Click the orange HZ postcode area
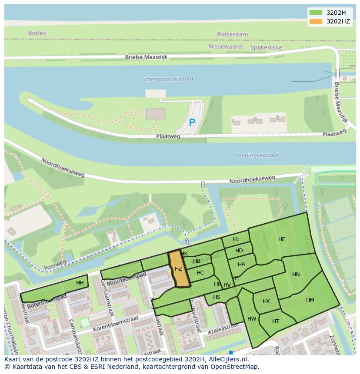[x=179, y=269]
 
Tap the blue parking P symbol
[x=192, y=123]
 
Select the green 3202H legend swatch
[x=316, y=13]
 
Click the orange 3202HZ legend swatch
[x=316, y=21]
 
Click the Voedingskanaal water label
[x=257, y=155]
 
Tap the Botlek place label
[x=37, y=33]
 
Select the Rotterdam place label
[x=233, y=34]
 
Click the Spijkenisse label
[x=266, y=47]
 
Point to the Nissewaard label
[x=224, y=46]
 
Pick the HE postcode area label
[x=282, y=239]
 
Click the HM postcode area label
[x=310, y=300]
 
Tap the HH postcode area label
[x=80, y=283]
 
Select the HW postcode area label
[x=252, y=319]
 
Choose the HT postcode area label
[x=276, y=321]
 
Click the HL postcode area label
[x=236, y=239]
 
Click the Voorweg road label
[x=55, y=264]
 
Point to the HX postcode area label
[x=266, y=301]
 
